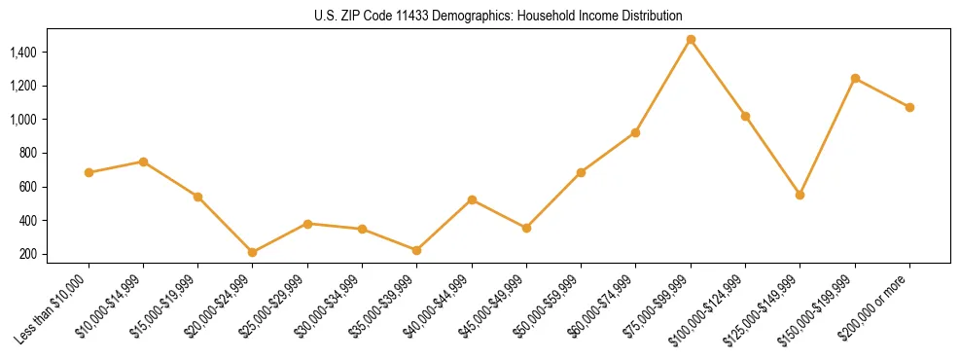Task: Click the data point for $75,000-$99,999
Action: [691, 40]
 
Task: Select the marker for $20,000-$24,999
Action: [253, 252]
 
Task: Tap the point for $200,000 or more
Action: [909, 107]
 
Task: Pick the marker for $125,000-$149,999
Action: [800, 195]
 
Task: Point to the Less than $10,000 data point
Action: [89, 172]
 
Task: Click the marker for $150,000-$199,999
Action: [855, 78]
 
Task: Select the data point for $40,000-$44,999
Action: [472, 199]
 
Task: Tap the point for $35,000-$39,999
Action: [417, 250]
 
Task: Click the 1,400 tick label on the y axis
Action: [24, 52]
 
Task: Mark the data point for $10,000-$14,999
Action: [143, 162]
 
